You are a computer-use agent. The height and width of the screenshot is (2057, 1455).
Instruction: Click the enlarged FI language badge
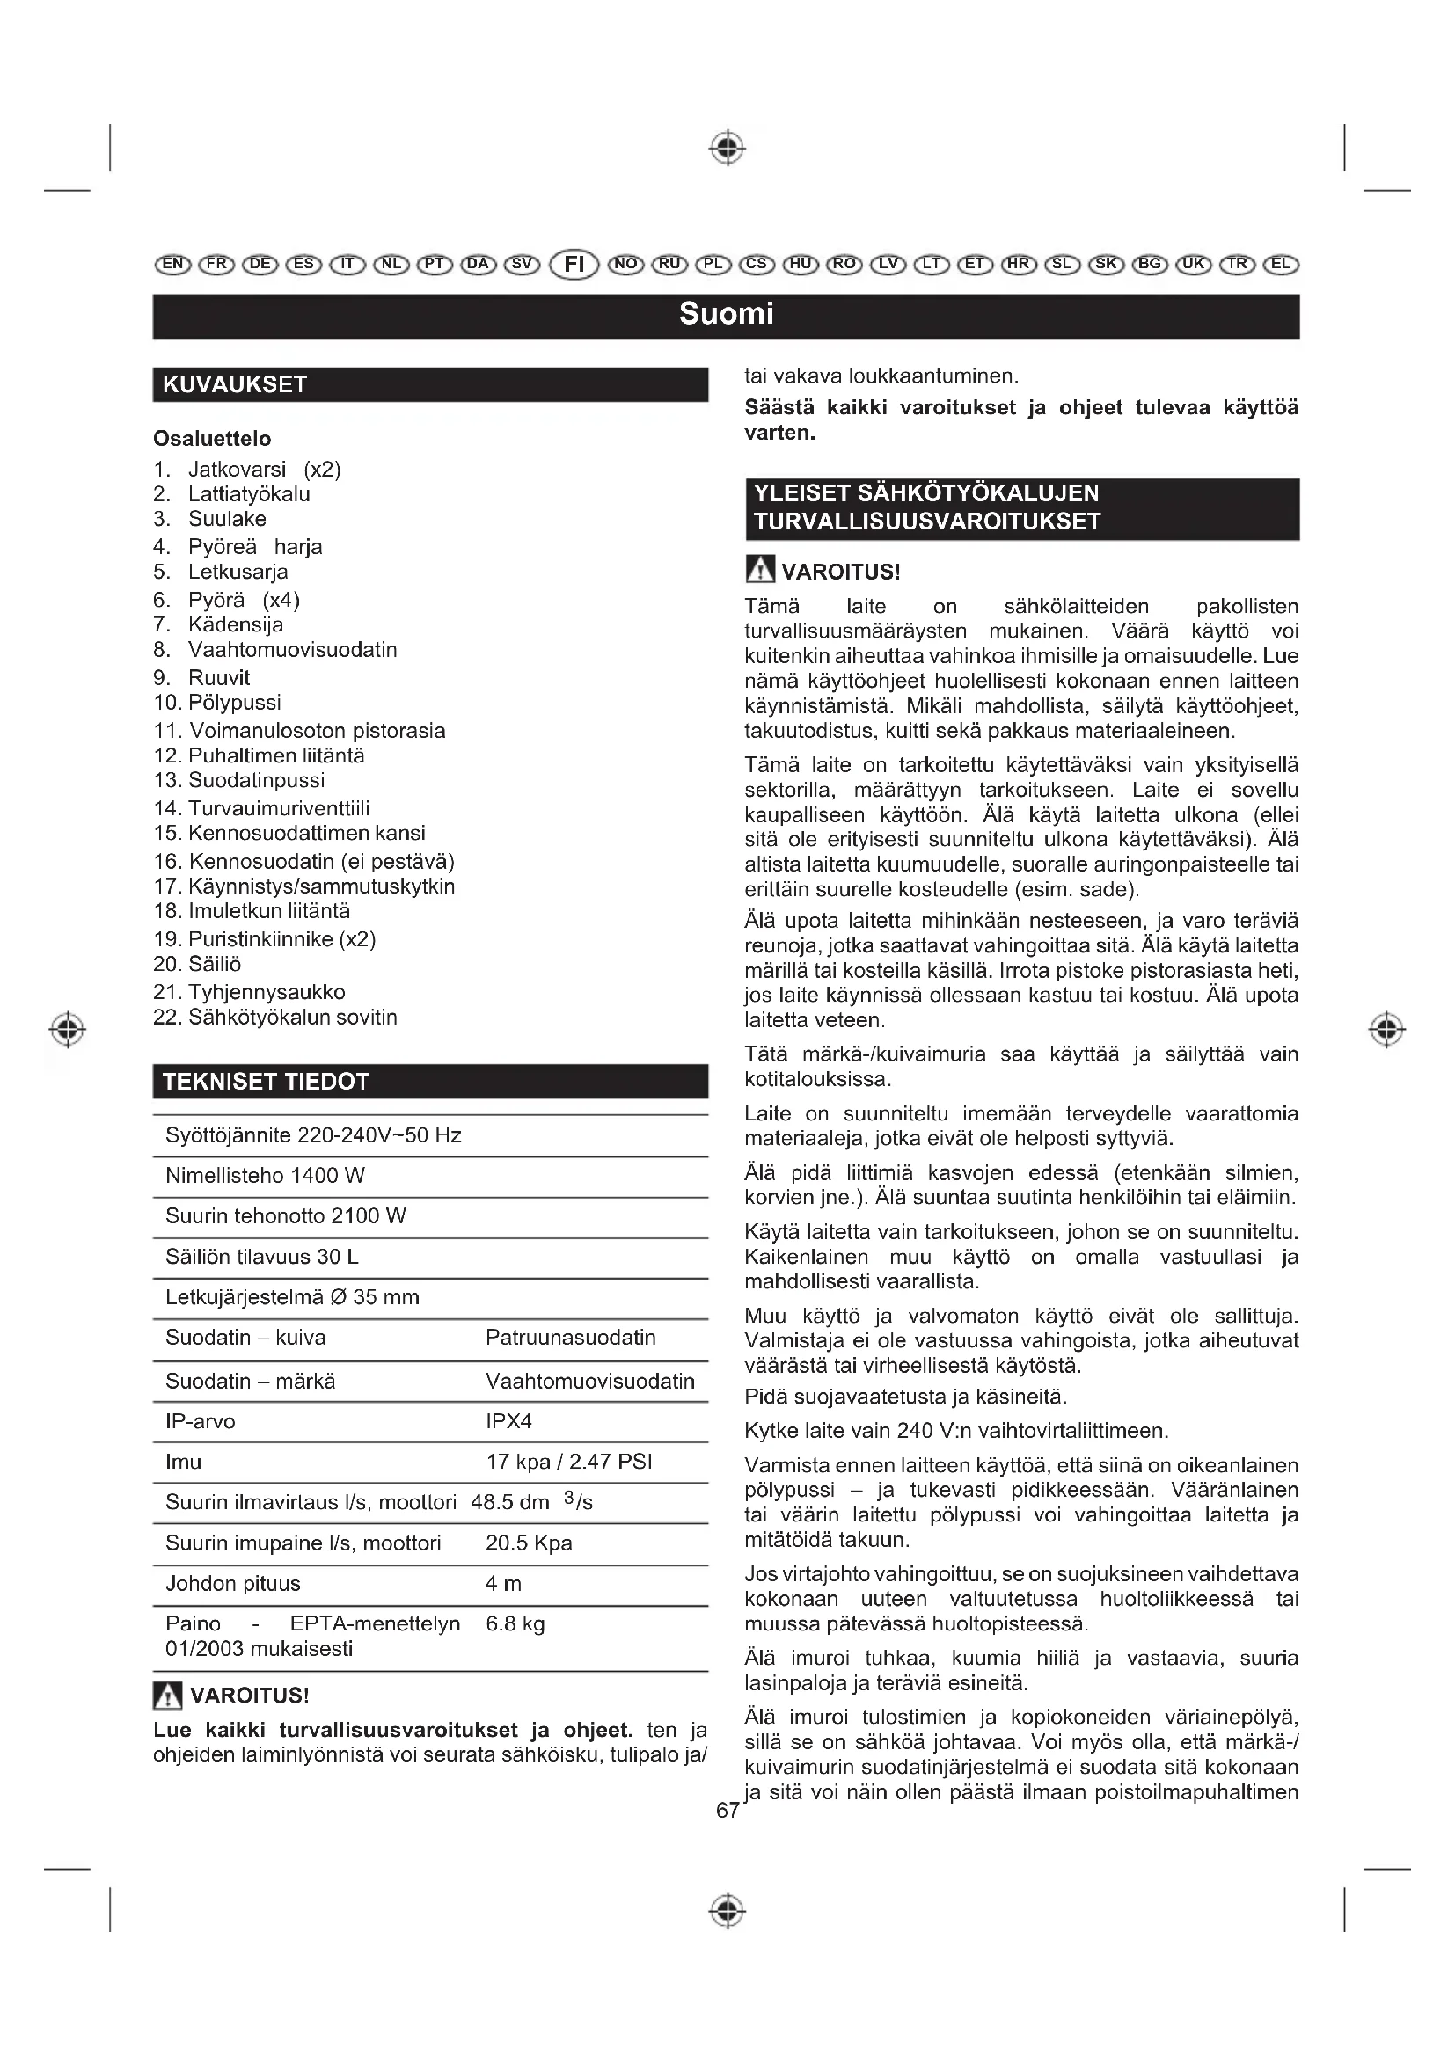click(x=574, y=265)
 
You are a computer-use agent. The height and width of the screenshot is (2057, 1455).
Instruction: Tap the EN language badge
click(x=173, y=264)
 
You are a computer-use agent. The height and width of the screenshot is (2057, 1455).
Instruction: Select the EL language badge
click(x=1280, y=264)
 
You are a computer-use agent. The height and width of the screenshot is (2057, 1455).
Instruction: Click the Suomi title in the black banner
click(x=726, y=314)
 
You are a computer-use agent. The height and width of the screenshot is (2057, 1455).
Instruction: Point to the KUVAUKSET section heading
click(x=235, y=384)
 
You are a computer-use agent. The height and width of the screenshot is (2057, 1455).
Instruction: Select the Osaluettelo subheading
click(x=212, y=438)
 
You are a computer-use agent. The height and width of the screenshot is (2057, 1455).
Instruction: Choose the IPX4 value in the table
click(x=508, y=1421)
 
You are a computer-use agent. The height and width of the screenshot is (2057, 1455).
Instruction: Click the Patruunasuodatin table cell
click(x=571, y=1337)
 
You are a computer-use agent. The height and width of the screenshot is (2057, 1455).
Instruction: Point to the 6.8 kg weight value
click(x=515, y=1623)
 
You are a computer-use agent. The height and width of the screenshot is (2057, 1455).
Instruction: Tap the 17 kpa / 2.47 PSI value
click(x=569, y=1462)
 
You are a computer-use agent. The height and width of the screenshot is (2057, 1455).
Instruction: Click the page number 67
click(x=727, y=1810)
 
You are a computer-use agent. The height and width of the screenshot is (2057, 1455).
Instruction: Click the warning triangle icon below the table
click(x=167, y=1695)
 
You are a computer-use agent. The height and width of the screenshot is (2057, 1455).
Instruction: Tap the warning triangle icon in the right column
click(x=759, y=570)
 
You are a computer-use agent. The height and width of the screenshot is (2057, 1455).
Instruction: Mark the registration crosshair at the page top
click(x=727, y=148)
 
